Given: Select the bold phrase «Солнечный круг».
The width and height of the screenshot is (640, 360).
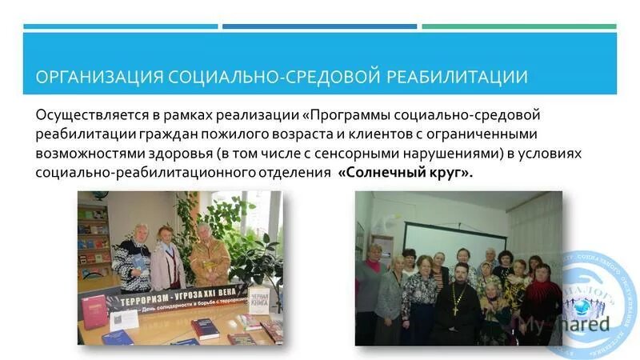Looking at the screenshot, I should [x=406, y=174].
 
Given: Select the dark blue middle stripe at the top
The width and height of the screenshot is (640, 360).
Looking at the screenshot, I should [x=319, y=26].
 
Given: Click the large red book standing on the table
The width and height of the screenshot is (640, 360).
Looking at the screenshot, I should [x=94, y=310].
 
